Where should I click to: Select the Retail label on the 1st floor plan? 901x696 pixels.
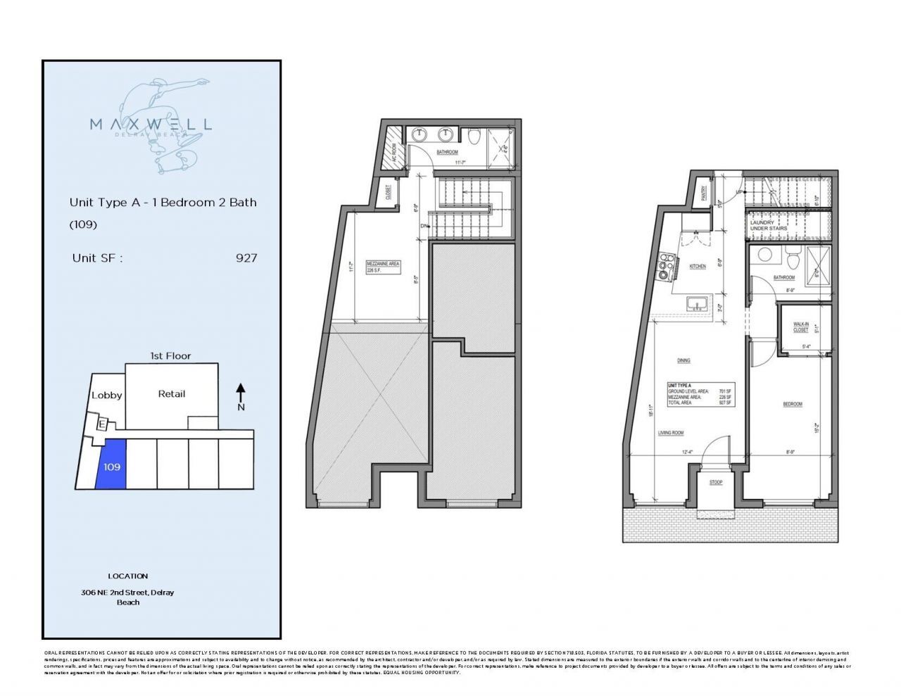pos(171,394)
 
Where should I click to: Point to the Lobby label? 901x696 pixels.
pos(107,396)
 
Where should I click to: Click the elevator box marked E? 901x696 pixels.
pos(101,424)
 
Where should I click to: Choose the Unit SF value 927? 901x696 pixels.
pos(246,258)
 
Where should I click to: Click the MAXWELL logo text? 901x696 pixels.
pos(151,124)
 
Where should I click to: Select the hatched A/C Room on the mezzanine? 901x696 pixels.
pos(396,148)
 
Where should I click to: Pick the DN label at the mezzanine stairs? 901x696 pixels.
pos(424,226)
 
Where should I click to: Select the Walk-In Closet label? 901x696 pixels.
pos(800,327)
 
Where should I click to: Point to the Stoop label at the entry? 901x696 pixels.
pos(716,483)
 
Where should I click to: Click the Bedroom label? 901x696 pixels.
pos(793,404)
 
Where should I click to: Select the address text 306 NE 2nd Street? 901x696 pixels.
pos(127,593)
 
